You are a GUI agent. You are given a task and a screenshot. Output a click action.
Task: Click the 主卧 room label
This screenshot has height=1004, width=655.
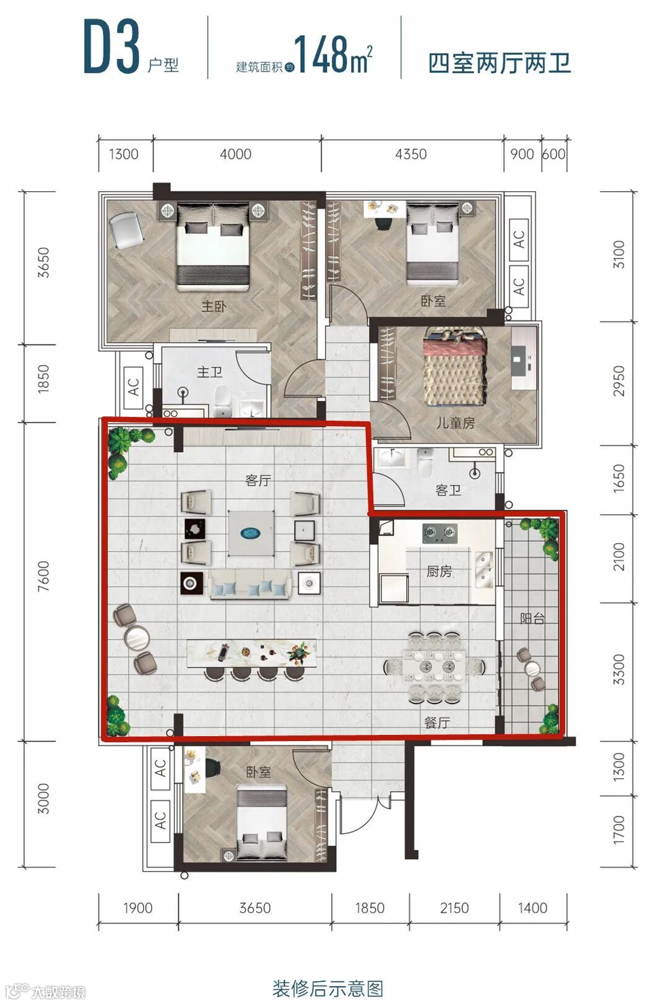(x=214, y=307)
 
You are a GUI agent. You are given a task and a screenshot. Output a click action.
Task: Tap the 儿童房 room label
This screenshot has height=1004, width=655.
(x=456, y=423)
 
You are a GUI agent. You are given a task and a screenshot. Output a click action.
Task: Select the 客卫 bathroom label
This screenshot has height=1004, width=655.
(x=448, y=489)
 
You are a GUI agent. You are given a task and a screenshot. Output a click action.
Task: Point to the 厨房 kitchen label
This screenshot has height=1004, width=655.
(x=439, y=571)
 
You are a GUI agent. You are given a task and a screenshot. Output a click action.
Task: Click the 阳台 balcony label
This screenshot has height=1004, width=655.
(x=532, y=619)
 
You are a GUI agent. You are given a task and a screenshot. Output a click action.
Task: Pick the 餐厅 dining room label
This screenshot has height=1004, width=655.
(x=437, y=723)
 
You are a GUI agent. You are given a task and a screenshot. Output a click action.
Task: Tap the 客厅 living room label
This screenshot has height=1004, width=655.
(x=258, y=481)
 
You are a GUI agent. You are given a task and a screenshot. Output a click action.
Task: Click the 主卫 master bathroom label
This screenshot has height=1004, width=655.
(x=209, y=372)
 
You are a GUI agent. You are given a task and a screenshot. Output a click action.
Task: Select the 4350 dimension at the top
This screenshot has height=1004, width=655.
(x=411, y=154)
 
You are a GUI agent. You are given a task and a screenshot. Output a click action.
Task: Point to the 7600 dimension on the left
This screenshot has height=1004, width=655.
(x=43, y=576)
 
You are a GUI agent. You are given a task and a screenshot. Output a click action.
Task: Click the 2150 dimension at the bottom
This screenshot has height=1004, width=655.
(x=454, y=908)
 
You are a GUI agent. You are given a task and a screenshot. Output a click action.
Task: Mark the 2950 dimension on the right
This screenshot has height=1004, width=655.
(x=618, y=381)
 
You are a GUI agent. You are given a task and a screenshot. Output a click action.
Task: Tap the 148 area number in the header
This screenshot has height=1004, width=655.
(x=322, y=54)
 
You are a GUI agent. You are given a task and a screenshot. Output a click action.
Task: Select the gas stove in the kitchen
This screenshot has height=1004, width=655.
(x=440, y=533)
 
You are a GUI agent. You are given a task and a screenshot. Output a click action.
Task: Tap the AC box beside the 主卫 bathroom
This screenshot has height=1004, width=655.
(x=133, y=387)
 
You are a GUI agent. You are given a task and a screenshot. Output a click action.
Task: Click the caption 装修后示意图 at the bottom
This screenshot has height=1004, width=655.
(x=327, y=989)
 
